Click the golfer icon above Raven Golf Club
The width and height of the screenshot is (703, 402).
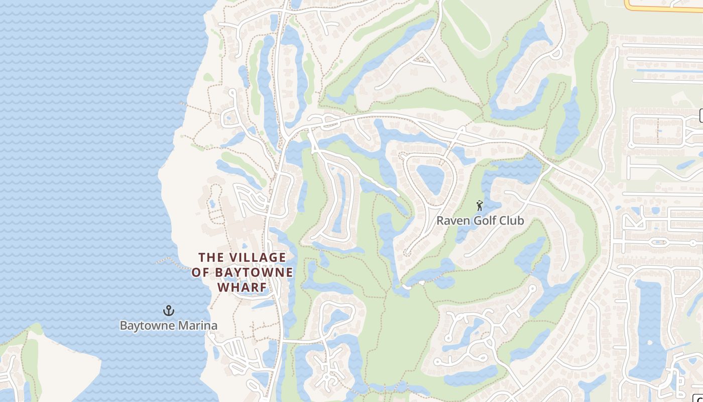tap(480, 206)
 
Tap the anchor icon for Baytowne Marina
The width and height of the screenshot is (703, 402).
tap(169, 311)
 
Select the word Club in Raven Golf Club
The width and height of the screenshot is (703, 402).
tap(508, 221)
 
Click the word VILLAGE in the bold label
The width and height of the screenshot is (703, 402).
tap(257, 258)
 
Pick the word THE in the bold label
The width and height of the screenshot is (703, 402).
tap(210, 258)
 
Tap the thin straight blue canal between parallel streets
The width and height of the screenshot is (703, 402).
tap(668, 70)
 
